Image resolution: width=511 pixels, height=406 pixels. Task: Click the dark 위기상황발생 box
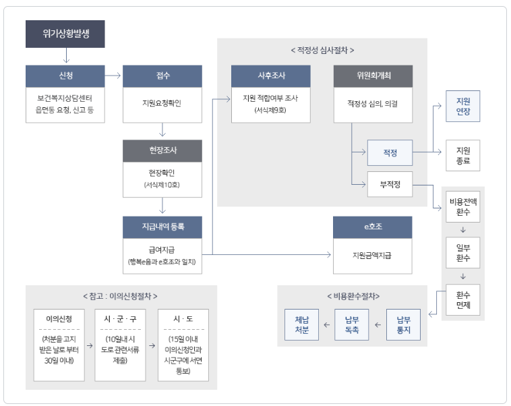(65, 34)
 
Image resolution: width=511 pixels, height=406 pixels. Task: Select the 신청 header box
(65, 76)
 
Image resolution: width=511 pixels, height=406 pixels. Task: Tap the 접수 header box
(162, 76)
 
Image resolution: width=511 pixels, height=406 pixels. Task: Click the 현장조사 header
(162, 150)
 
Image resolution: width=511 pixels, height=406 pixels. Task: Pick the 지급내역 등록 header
(162, 227)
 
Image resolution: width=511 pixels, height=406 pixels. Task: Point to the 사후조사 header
(271, 76)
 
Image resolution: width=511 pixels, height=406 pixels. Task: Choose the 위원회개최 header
(373, 76)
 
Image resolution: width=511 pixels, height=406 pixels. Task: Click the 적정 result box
(390, 152)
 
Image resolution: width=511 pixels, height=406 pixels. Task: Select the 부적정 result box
(390, 184)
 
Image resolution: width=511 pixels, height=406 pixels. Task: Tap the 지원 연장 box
(462, 107)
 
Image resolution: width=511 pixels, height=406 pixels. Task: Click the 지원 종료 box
(462, 156)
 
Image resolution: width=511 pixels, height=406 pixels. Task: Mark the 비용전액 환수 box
(462, 207)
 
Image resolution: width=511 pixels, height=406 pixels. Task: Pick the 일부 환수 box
(462, 253)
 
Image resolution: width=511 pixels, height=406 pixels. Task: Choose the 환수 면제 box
(462, 299)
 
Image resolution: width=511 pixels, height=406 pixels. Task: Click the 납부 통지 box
(403, 325)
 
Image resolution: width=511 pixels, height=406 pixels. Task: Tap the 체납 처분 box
(301, 325)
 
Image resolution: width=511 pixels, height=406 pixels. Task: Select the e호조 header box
(373, 227)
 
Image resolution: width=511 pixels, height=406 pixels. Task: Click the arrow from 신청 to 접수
(113, 76)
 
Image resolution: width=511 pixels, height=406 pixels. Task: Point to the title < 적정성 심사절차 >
(322, 50)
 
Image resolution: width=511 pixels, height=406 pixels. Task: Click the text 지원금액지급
(372, 256)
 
